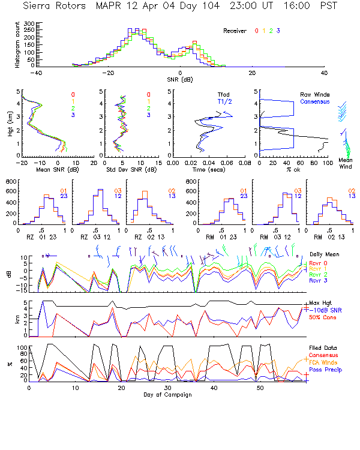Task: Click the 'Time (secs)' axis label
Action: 201,169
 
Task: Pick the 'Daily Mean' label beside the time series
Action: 324,255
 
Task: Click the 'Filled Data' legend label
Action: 323,348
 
